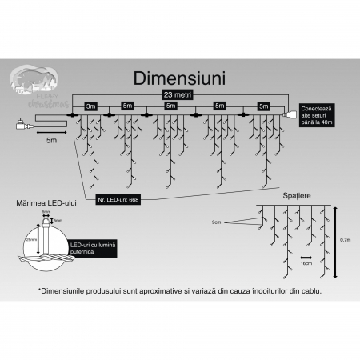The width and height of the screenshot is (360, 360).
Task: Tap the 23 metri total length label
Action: [x=178, y=95]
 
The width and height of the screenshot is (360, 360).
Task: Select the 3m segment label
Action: [x=90, y=106]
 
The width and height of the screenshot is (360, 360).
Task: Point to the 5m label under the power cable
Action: [x=51, y=139]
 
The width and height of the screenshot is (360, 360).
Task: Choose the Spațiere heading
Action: [x=296, y=195]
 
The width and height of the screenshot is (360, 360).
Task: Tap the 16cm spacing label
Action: [x=306, y=262]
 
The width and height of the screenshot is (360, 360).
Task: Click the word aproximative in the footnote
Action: [x=138, y=291]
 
